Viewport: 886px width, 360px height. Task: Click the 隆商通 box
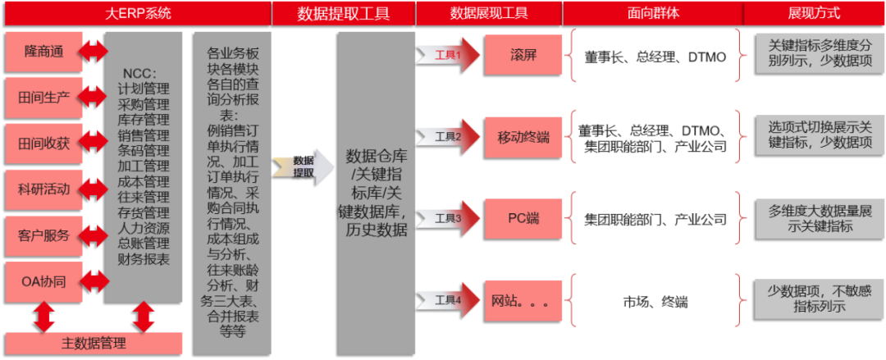pyautogui.click(x=43, y=52)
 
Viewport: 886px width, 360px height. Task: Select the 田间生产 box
pyautogui.click(x=43, y=98)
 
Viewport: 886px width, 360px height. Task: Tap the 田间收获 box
pyautogui.click(x=43, y=144)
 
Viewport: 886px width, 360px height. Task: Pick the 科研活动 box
pyautogui.click(x=43, y=189)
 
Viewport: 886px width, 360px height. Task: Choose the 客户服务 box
pyautogui.click(x=43, y=235)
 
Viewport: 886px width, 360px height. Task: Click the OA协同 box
pyautogui.click(x=43, y=281)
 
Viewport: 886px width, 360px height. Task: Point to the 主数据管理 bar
pyautogui.click(x=94, y=343)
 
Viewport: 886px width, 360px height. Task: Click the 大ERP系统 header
pyautogui.click(x=137, y=13)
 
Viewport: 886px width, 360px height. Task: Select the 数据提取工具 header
pyautogui.click(x=344, y=13)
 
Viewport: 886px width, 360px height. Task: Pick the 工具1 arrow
pyautogui.click(x=448, y=56)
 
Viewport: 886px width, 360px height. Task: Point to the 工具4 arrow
pyautogui.click(x=448, y=299)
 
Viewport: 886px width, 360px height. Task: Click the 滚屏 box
pyautogui.click(x=523, y=55)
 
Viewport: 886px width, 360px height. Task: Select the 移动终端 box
pyautogui.click(x=523, y=137)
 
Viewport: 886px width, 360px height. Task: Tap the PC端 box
pyautogui.click(x=523, y=218)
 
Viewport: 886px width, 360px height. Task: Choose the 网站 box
pyautogui.click(x=523, y=300)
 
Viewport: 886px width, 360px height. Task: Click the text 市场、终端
pyautogui.click(x=655, y=301)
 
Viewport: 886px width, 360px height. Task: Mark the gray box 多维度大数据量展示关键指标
pyautogui.click(x=818, y=219)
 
